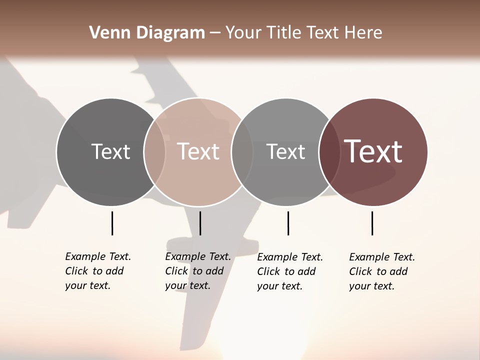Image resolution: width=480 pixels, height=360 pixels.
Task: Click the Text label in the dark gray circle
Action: pyautogui.click(x=110, y=151)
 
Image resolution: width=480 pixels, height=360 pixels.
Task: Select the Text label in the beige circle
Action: pyautogui.click(x=198, y=151)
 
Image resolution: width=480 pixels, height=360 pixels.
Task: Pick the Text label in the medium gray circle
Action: pyautogui.click(x=285, y=151)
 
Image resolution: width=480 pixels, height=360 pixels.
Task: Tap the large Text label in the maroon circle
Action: pyautogui.click(x=373, y=151)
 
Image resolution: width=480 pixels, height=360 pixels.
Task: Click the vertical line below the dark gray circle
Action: pyautogui.click(x=112, y=223)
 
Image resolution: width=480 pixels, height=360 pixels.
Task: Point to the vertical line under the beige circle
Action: pyautogui.click(x=200, y=223)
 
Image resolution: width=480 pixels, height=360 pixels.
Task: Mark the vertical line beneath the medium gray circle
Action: pyautogui.click(x=288, y=223)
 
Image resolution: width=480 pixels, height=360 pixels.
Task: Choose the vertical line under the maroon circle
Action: pyautogui.click(x=372, y=223)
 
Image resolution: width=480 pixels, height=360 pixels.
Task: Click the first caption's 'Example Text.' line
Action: pyautogui.click(x=98, y=256)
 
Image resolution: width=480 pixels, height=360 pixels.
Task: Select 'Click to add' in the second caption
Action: pyautogui.click(x=194, y=271)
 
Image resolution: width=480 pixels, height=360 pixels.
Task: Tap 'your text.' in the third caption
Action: pyautogui.click(x=280, y=286)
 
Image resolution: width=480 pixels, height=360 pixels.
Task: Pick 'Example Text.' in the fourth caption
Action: pyautogui.click(x=382, y=257)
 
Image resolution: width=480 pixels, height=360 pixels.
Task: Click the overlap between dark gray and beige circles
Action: pyautogui.click(x=154, y=152)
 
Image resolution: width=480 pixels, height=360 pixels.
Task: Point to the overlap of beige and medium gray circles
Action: pyautogui.click(x=242, y=152)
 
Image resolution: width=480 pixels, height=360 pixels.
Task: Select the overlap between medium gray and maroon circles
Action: pyautogui.click(x=329, y=152)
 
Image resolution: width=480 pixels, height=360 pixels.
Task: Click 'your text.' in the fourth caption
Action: pyautogui.click(x=372, y=286)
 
